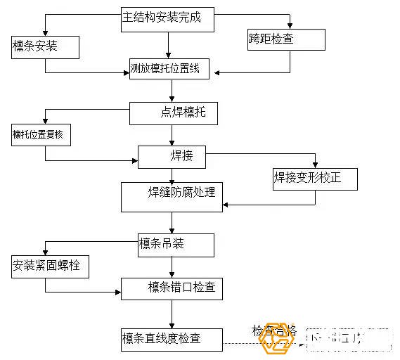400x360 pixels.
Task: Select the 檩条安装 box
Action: pyautogui.click(x=44, y=47)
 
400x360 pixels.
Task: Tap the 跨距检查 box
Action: pyautogui.click(x=286, y=39)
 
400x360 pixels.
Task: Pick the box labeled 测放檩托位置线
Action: pyautogui.click(x=170, y=69)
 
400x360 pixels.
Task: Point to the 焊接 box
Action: pyautogui.click(x=172, y=156)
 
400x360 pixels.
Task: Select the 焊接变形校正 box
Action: pyautogui.click(x=315, y=178)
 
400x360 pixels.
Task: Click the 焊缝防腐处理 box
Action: pyautogui.click(x=172, y=196)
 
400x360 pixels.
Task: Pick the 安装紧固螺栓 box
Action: pyautogui.click(x=50, y=266)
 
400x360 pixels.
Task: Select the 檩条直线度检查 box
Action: pyautogui.click(x=171, y=340)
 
